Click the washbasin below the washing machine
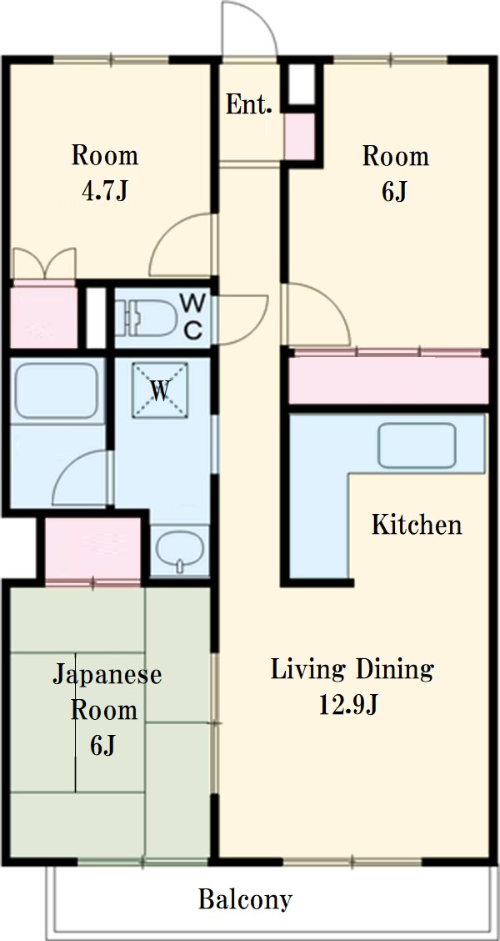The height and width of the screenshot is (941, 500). (179, 551)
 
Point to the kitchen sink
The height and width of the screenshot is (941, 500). (417, 445)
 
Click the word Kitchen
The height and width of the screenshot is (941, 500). (416, 525)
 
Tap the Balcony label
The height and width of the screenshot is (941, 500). (245, 900)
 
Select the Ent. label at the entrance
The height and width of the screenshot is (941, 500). (249, 105)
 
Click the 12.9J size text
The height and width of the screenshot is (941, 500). (350, 705)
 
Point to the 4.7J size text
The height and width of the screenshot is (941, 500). (105, 191)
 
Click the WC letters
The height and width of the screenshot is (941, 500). (192, 315)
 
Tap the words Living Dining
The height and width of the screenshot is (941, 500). (352, 669)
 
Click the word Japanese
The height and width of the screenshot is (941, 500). (107, 674)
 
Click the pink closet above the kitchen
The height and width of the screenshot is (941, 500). (387, 380)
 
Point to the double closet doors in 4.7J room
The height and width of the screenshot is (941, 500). (46, 264)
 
